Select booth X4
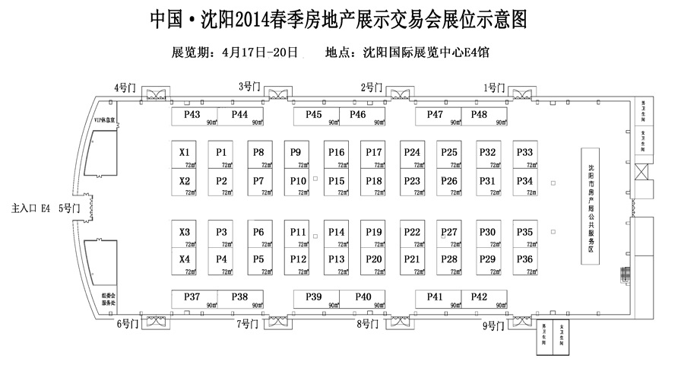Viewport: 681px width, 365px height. point(185,261)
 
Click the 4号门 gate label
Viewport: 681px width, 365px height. point(124,87)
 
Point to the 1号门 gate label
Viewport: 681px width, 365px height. point(494,87)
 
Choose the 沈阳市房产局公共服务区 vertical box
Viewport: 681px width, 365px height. point(591,206)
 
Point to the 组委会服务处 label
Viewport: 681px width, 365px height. point(109,298)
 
